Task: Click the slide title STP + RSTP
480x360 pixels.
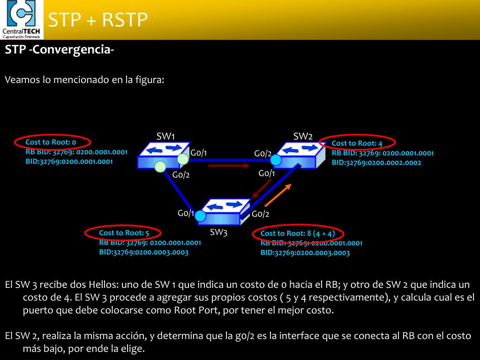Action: [98, 20]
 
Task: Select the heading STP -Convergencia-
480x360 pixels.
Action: [60, 50]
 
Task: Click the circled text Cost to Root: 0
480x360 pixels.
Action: [51, 142]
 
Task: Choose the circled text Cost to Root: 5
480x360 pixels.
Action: [124, 232]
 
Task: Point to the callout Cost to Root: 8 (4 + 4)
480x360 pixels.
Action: [298, 233]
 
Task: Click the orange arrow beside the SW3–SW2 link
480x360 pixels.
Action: [278, 195]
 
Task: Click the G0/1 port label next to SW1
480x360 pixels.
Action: [199, 153]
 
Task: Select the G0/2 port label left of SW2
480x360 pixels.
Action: [262, 153]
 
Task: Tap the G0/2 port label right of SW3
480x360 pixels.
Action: [261, 214]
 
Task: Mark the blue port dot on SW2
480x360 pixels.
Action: [276, 160]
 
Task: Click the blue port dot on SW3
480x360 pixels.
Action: [200, 216]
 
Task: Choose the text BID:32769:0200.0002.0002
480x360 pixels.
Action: [376, 163]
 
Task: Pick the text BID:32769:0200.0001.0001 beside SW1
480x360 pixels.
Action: [69, 161]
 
